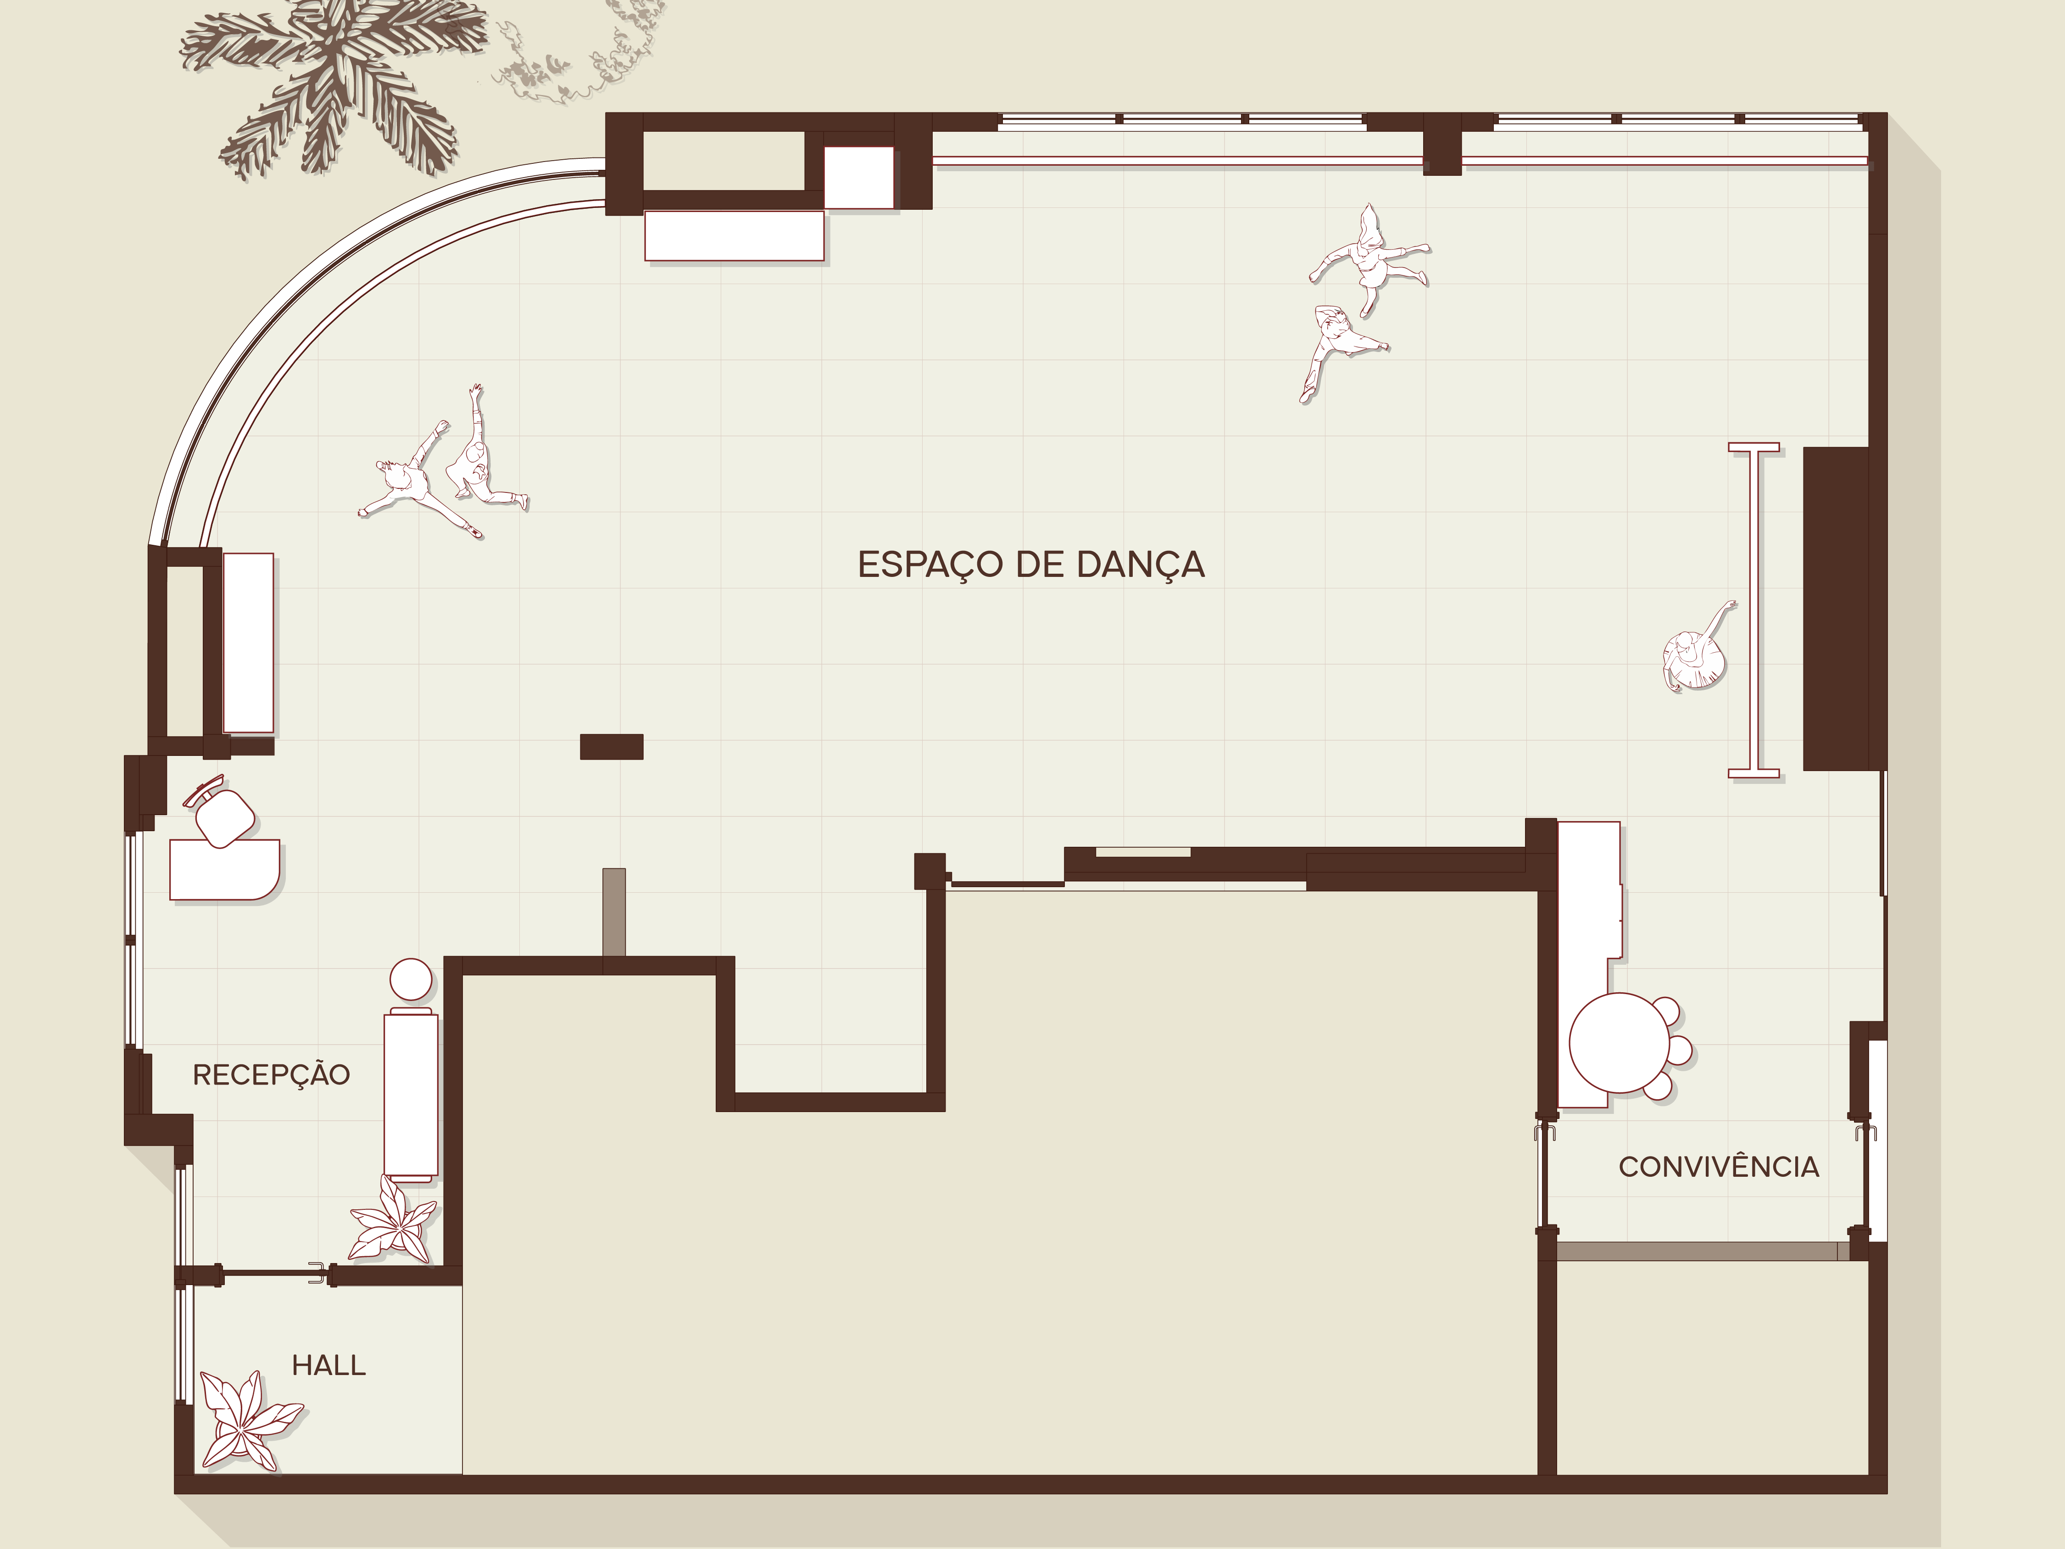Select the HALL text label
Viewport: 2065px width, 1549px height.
[328, 1365]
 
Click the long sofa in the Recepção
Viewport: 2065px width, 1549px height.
[411, 1094]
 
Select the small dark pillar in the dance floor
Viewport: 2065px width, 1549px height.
[612, 747]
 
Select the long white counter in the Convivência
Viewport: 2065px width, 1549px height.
[1589, 963]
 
